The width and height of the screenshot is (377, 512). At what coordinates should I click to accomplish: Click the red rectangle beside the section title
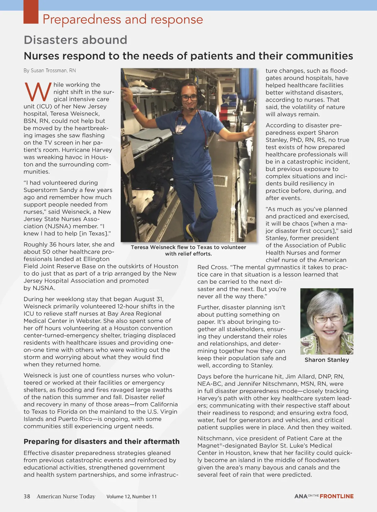(x=31, y=12)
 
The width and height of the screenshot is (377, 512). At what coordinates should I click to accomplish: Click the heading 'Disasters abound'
(x=75, y=40)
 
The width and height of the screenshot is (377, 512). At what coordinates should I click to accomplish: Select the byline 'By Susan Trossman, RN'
(x=50, y=71)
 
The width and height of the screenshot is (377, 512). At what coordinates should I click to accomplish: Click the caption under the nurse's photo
(x=188, y=250)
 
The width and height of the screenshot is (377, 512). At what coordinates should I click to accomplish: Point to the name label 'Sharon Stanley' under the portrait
(x=327, y=360)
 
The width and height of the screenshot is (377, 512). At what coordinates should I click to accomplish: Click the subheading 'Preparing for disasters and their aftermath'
(x=101, y=441)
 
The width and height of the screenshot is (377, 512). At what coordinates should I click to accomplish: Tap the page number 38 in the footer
(x=27, y=496)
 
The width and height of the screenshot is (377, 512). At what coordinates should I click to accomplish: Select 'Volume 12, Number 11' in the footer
(x=131, y=497)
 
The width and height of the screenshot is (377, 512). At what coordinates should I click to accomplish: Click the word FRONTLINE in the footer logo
(x=336, y=496)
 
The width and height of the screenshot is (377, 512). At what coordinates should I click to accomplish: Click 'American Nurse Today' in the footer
(x=66, y=496)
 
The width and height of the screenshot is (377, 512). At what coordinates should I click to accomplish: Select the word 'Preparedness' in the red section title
(x=82, y=19)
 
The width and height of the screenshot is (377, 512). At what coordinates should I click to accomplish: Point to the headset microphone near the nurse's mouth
(x=190, y=109)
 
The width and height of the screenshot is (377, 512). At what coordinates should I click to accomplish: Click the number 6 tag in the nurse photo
(x=252, y=219)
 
